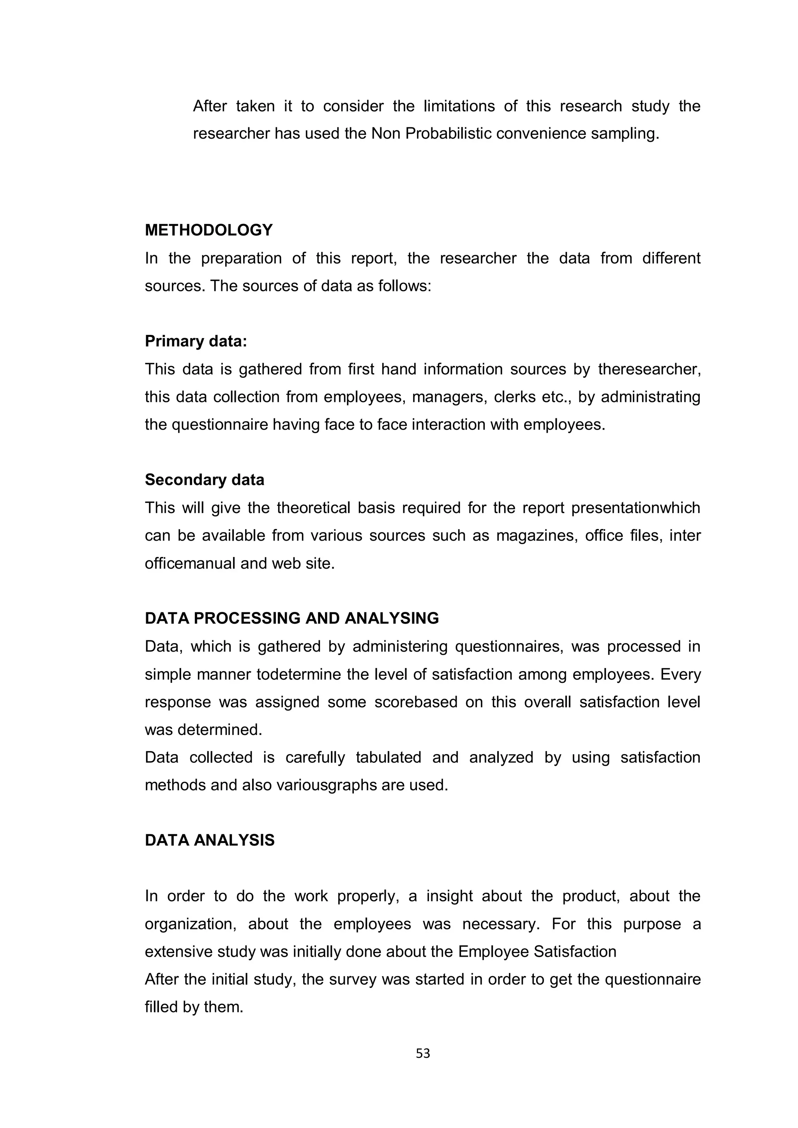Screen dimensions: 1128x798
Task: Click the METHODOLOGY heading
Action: [x=208, y=230]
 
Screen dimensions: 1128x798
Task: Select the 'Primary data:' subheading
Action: [x=196, y=341]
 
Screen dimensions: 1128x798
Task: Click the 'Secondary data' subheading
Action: [x=205, y=479]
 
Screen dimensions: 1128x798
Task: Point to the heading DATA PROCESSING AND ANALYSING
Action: [x=291, y=618]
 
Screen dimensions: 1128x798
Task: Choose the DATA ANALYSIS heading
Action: [x=209, y=840]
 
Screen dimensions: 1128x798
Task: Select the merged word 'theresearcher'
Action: [x=649, y=369]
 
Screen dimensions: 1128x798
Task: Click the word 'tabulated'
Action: [x=388, y=757]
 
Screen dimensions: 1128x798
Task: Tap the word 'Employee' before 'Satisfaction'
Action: [x=493, y=952]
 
